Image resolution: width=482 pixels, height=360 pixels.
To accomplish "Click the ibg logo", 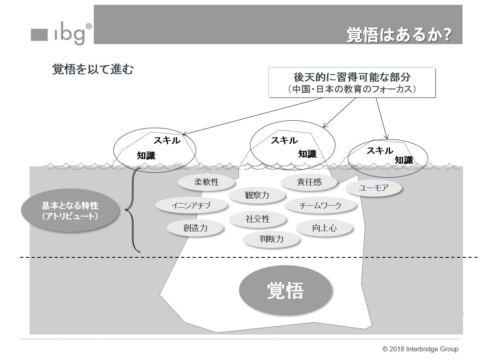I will [x=61, y=34].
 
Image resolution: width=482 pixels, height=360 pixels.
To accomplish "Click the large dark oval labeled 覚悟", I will [x=285, y=291].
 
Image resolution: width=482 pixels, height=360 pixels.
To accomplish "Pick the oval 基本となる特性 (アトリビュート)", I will [x=70, y=210].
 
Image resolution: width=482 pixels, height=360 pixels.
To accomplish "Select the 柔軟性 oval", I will [x=207, y=182].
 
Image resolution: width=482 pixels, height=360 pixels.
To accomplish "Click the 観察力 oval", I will [x=257, y=195].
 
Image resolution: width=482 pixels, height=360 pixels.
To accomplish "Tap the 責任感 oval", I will [x=309, y=182].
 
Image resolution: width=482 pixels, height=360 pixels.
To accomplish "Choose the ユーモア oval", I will [x=373, y=188].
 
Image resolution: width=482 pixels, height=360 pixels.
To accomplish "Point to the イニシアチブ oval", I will [x=191, y=205].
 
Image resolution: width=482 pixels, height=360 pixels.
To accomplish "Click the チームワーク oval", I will [x=320, y=205].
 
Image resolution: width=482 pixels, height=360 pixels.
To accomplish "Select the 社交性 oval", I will [x=258, y=219].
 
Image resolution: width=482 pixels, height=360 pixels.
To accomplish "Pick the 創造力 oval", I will [x=195, y=228].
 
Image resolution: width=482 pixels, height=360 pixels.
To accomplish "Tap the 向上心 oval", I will [x=324, y=228].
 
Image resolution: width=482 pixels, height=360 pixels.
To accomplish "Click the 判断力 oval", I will [x=271, y=239].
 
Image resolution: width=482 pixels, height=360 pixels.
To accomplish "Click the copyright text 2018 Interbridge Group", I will [x=420, y=349].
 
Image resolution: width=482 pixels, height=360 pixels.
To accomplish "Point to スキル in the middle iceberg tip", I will [x=284, y=140].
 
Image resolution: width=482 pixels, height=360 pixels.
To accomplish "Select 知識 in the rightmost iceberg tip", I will [x=404, y=161].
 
